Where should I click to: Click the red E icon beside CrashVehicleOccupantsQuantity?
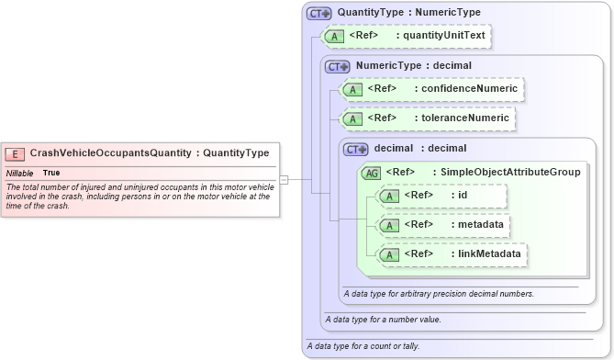[16, 153]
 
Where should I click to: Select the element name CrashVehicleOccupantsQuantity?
[110, 153]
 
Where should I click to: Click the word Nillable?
[20, 173]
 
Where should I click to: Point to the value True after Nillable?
[51, 173]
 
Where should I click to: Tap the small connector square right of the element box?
[284, 179]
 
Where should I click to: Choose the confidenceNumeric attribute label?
[468, 89]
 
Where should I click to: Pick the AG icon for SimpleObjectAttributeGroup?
[373, 172]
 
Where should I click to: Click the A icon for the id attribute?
[389, 196]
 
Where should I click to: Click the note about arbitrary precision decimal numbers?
[439, 294]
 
